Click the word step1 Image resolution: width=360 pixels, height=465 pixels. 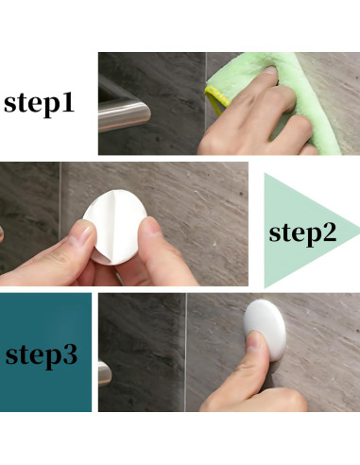(x=51, y=103)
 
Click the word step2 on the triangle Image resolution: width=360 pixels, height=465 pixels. (x=302, y=232)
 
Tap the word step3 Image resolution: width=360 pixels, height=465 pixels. (x=46, y=355)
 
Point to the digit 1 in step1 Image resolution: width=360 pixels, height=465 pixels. (x=89, y=103)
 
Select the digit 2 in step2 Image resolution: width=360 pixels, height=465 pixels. (x=329, y=232)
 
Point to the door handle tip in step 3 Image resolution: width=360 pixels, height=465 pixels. (x=104, y=371)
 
